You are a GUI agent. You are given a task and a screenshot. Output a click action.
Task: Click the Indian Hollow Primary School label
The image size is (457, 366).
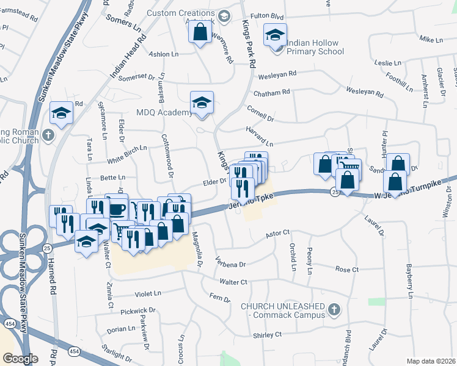click(x=322, y=52)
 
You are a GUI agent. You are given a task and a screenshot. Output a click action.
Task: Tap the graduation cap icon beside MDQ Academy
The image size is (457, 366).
click(x=202, y=103)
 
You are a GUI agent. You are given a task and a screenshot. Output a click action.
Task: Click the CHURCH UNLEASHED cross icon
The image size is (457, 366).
click(x=333, y=310)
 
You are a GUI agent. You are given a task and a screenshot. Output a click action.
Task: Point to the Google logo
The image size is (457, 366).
click(x=20, y=359)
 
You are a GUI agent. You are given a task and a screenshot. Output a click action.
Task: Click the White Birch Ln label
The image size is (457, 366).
click(x=127, y=148)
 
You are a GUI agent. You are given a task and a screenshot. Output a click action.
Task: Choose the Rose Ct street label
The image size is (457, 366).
click(x=346, y=269)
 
